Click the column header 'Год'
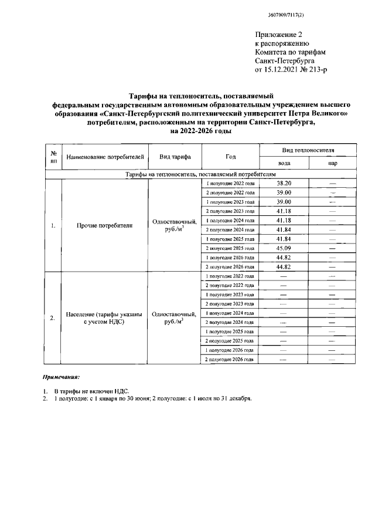(230, 157)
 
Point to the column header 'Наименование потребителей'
(105, 157)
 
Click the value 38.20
(284, 184)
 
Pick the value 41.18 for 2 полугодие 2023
(284, 211)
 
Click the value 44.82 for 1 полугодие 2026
(284, 257)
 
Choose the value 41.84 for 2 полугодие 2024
(284, 229)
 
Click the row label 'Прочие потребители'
(105, 225)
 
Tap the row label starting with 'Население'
(105, 317)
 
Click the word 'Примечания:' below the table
(62, 376)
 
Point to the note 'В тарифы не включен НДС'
(91, 390)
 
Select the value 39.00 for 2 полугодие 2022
(284, 192)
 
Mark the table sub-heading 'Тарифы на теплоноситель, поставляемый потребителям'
(200, 174)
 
